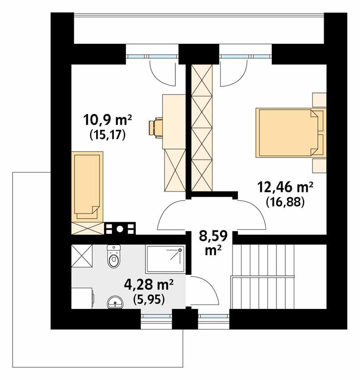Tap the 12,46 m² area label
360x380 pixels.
coord(284,186)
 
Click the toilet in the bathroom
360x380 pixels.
coord(114,257)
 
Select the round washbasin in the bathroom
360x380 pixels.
coord(116,303)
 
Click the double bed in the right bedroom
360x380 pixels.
coord(288,132)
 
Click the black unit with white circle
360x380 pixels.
coord(119,229)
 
